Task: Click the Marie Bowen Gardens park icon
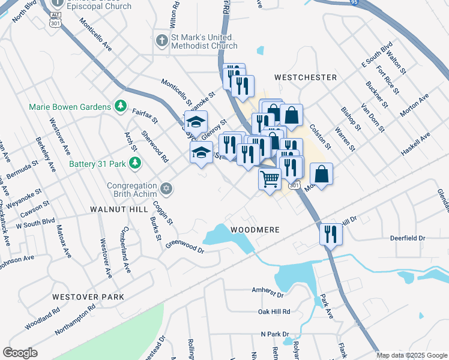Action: click(x=121, y=106)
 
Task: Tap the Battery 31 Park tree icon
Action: click(x=136, y=163)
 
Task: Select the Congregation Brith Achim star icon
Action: click(x=167, y=190)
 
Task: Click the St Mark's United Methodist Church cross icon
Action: click(x=161, y=41)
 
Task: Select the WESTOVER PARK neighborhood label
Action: click(x=88, y=297)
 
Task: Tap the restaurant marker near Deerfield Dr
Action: click(x=331, y=233)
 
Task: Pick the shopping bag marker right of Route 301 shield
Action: click(x=321, y=174)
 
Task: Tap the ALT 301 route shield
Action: click(x=54, y=19)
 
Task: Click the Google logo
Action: click(x=20, y=353)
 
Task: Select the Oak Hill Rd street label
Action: click(x=274, y=312)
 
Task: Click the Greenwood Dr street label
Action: click(x=185, y=247)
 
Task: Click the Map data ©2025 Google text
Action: click(x=412, y=355)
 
